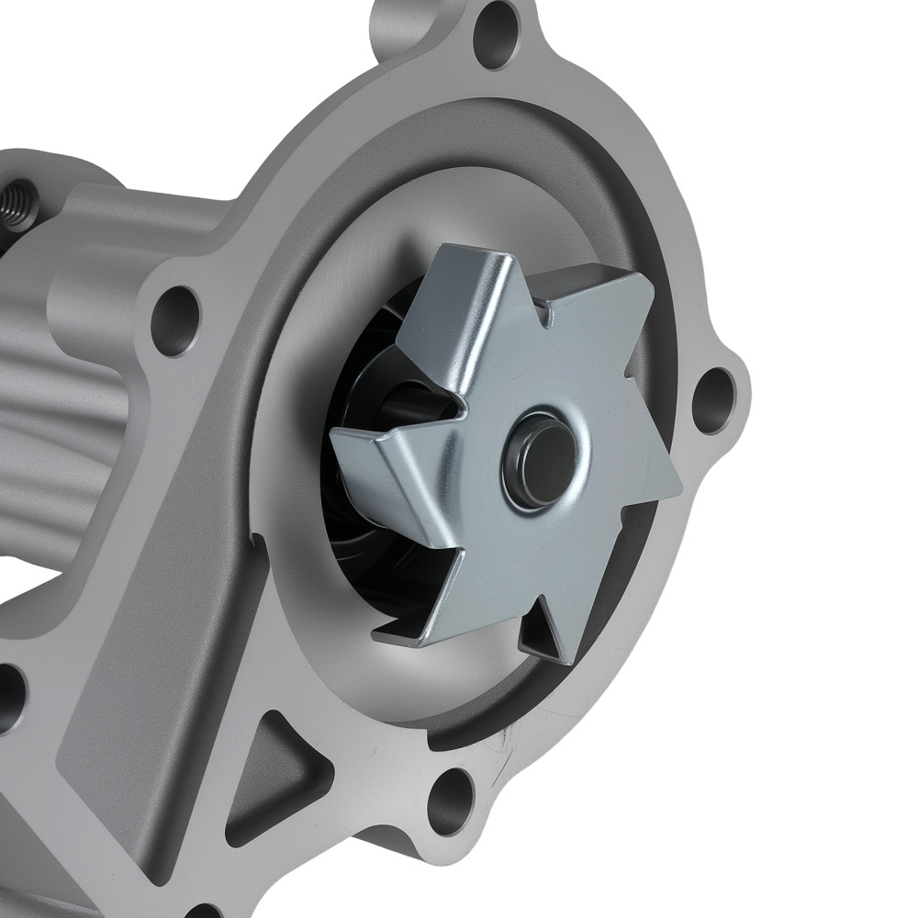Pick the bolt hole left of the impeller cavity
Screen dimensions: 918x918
pyautogui.click(x=176, y=317)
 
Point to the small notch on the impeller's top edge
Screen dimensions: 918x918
pyautogui.click(x=548, y=318)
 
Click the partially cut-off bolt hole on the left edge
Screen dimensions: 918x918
pyautogui.click(x=9, y=698)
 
